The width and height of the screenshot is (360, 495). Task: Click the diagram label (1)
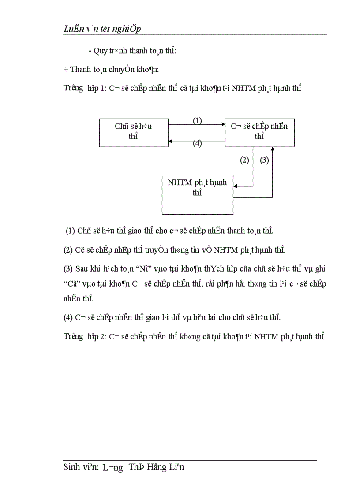click(x=197, y=120)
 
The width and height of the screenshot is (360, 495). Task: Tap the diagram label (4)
click(x=197, y=144)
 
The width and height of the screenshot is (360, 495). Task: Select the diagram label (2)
click(x=244, y=160)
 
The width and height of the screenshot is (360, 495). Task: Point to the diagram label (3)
click(x=264, y=160)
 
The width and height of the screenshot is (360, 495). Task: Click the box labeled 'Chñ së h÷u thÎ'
click(x=133, y=131)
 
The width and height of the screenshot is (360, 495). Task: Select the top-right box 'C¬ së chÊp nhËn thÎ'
click(x=259, y=131)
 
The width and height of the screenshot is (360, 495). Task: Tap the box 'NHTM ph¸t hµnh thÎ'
click(x=197, y=187)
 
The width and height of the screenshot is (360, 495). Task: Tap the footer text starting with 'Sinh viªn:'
click(x=124, y=467)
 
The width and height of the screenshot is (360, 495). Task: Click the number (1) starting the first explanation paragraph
click(x=70, y=231)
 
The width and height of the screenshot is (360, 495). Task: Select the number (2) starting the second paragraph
click(x=68, y=250)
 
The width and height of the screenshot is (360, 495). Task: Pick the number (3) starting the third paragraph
click(x=68, y=268)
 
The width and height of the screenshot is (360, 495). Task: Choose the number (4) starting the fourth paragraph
click(x=68, y=317)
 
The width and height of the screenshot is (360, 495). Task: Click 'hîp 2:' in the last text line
click(x=97, y=337)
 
